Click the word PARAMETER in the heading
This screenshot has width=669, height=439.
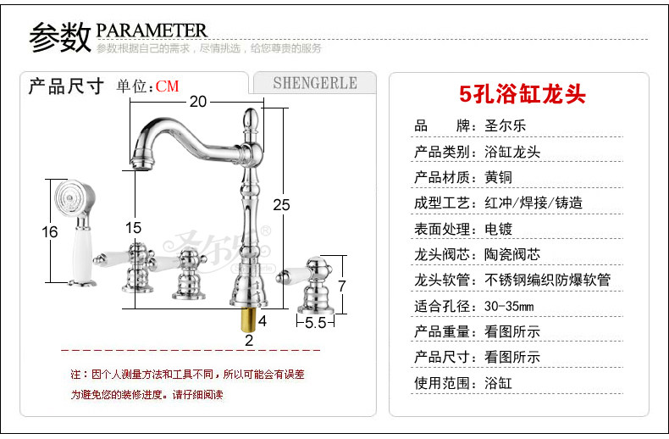coord(152,31)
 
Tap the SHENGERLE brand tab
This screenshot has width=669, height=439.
coord(315,83)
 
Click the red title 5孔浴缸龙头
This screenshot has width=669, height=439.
coord(522,92)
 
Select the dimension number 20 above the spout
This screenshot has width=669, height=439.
coord(197,102)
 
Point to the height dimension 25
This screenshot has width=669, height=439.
coord(282,204)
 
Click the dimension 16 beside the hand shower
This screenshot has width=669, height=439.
coord(49,231)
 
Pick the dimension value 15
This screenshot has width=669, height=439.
coord(133,227)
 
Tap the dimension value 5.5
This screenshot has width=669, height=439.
coord(316,322)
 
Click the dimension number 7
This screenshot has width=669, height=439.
coord(341,286)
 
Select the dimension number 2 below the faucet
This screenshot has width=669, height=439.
coord(249,341)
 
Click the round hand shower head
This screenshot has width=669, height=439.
coord(69,197)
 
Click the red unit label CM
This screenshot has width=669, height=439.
coord(167,86)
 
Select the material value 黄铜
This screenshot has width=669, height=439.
coord(498,177)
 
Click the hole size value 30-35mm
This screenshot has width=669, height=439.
coord(509,305)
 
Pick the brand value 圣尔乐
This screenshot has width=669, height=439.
coord(505,126)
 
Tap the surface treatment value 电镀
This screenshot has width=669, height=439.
coord(498,229)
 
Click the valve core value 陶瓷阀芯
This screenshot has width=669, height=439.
coord(511,254)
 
